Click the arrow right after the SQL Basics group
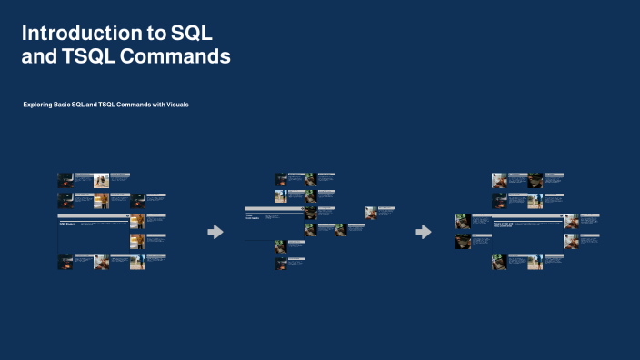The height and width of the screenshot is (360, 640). click(x=215, y=232)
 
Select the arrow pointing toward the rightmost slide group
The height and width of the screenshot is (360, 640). click(x=424, y=232)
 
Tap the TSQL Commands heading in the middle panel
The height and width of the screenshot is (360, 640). click(x=253, y=218)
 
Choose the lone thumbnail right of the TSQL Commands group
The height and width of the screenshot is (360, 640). click(x=371, y=213)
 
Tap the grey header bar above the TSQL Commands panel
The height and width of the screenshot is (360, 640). click(x=274, y=209)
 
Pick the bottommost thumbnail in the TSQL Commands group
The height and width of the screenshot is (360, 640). click(x=281, y=264)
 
